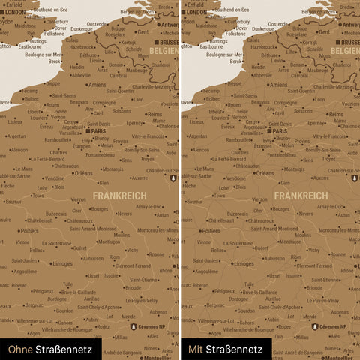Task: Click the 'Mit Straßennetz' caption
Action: click(225, 349)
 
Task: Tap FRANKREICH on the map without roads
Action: click(118, 195)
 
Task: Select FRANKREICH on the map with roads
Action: click(300, 195)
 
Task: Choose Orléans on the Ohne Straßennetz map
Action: click(82, 173)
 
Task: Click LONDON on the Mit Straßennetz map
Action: click(197, 13)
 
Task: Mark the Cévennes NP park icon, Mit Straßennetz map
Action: click(313, 326)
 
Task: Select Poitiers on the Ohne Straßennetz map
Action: click(30, 232)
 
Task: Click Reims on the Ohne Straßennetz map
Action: click(154, 114)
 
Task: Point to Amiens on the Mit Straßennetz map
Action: click(277, 85)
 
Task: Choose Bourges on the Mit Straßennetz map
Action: click(279, 209)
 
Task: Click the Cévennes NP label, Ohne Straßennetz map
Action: click(154, 327)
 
